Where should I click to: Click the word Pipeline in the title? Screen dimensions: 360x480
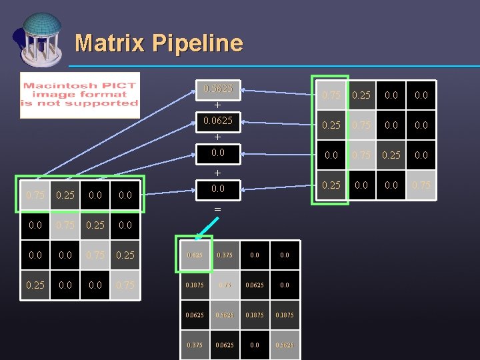[x=197, y=44]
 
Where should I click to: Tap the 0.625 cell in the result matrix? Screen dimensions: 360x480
[x=195, y=254]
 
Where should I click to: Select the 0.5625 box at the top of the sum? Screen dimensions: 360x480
[x=218, y=89]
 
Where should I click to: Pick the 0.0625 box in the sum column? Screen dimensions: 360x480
[x=218, y=121]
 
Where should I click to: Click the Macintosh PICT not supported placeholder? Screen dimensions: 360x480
[x=80, y=95]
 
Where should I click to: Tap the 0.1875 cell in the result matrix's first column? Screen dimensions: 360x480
[x=195, y=285]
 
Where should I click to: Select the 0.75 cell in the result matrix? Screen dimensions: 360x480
[x=225, y=285]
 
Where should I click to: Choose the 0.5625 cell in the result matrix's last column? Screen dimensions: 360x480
[x=285, y=345]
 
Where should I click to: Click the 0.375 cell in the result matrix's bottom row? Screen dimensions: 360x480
[x=195, y=345]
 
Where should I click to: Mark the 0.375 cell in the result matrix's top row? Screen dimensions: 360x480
[x=225, y=254]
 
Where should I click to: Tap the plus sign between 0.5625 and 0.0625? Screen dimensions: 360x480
[x=217, y=105]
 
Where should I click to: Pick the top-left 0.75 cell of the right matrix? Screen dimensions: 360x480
[x=331, y=95]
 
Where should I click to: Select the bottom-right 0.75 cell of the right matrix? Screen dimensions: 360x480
[x=421, y=185]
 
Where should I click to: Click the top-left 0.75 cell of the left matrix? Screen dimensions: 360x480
[x=35, y=195]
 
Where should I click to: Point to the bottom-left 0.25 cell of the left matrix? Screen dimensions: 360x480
[x=35, y=285]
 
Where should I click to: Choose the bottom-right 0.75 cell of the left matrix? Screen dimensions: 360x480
[x=124, y=285]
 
